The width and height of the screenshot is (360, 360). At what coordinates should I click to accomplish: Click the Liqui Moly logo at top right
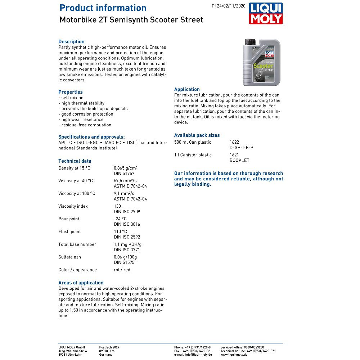pyautogui.click(x=266, y=14)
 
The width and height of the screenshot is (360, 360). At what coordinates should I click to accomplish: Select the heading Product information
pyautogui.click(x=103, y=8)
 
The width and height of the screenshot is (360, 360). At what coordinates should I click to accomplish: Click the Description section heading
pyautogui.click(x=71, y=42)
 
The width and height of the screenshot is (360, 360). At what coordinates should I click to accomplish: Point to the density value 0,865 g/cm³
pyautogui.click(x=126, y=168)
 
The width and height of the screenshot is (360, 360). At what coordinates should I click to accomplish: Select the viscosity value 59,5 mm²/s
pyautogui.click(x=125, y=181)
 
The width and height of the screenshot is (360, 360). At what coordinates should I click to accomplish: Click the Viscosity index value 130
pyautogui.click(x=117, y=206)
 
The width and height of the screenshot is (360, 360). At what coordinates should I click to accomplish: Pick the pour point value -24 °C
pyautogui.click(x=120, y=219)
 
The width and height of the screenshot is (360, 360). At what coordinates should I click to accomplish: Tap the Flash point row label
pyautogui.click(x=69, y=231)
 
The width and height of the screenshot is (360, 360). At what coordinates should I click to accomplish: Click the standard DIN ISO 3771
pyautogui.click(x=127, y=249)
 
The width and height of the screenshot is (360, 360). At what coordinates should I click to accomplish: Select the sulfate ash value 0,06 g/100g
pyautogui.click(x=125, y=257)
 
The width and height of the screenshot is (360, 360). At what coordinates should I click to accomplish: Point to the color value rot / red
pyautogui.click(x=122, y=270)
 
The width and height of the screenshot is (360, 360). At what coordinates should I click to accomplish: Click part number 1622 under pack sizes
pyautogui.click(x=234, y=142)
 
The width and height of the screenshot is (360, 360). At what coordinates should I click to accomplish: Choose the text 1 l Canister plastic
pyautogui.click(x=193, y=155)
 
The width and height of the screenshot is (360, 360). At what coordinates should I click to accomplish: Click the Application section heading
pyautogui.click(x=187, y=89)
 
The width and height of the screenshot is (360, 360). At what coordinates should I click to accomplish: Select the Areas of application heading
pyautogui.click(x=81, y=283)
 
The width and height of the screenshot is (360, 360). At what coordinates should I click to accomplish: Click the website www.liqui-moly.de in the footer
pyautogui.click(x=234, y=355)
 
